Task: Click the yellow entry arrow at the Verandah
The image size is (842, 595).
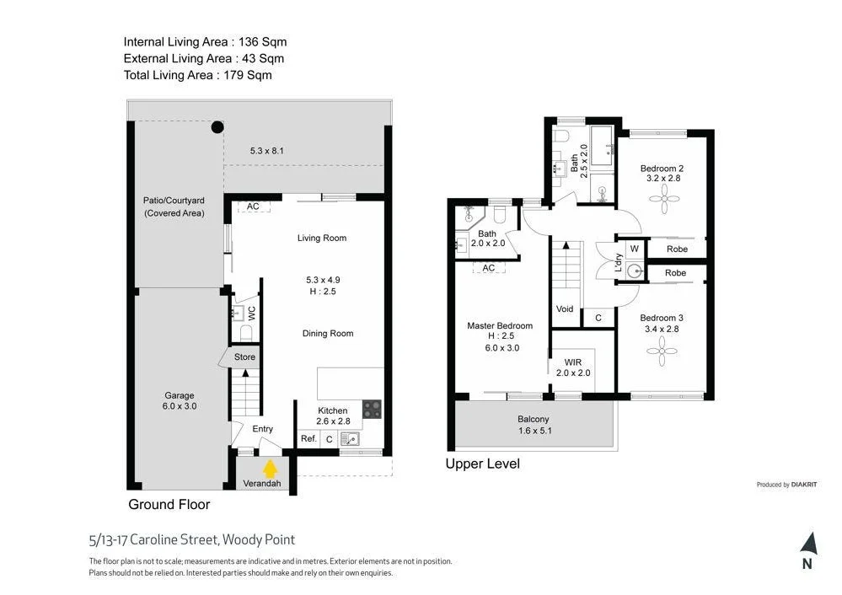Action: (271, 469)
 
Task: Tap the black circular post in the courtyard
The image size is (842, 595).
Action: (217, 127)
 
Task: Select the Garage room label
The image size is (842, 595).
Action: (179, 400)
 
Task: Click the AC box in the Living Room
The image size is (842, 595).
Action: (253, 206)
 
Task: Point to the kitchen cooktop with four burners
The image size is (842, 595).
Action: (372, 410)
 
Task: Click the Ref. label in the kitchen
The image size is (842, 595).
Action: (308, 438)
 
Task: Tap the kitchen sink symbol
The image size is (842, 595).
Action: (350, 438)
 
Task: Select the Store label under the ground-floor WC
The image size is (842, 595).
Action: (244, 356)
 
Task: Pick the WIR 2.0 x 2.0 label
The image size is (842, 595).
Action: (573, 367)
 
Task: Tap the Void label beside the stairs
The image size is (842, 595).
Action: (565, 308)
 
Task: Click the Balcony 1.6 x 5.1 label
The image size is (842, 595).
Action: (533, 425)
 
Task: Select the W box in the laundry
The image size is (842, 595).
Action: (633, 249)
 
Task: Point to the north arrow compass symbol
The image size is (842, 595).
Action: (807, 544)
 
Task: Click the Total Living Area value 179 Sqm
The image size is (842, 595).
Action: (247, 75)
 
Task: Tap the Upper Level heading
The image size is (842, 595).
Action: (482, 464)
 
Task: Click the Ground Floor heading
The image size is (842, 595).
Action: (169, 504)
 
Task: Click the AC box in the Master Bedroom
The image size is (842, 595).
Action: (488, 268)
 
